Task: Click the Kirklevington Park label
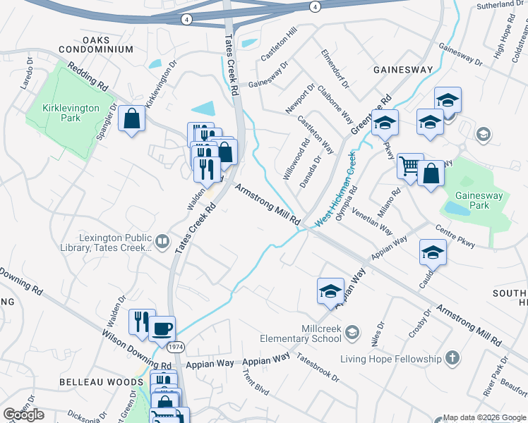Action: click(x=61, y=113)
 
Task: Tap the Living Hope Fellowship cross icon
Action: click(x=452, y=359)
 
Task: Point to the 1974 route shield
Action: click(x=176, y=348)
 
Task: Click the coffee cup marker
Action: click(x=162, y=328)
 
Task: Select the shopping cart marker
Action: click(x=409, y=166)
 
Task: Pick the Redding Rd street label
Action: click(x=88, y=76)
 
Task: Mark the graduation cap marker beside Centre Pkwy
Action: click(x=433, y=252)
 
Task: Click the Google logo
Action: click(x=24, y=415)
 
